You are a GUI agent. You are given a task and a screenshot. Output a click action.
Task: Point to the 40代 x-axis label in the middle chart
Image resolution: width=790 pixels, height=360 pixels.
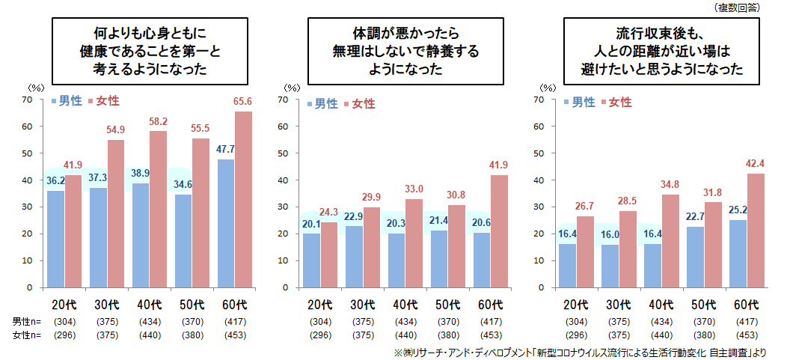(x=406, y=305)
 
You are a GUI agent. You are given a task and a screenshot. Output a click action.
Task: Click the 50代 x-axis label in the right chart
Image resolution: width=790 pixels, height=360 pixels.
(x=705, y=305)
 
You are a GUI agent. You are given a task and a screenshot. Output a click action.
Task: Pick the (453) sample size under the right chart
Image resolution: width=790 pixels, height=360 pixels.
(x=747, y=335)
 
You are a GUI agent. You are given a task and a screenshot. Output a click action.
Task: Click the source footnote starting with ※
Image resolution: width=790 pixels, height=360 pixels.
(x=569, y=351)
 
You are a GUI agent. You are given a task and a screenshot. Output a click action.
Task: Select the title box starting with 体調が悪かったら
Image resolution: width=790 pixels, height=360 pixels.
(x=405, y=51)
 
